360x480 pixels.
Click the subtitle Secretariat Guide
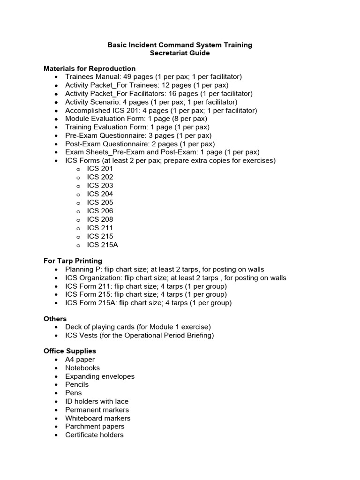(180, 53)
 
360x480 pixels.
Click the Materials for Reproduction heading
(90, 68)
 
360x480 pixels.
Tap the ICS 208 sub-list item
(100, 219)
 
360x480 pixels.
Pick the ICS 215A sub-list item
(102, 245)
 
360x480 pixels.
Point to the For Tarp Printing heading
(73, 261)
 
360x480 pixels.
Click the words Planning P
(82, 270)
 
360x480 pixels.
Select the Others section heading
(55, 319)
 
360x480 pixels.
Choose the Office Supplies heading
(70, 351)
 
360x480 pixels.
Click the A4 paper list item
(80, 360)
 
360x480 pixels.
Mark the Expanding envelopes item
(99, 376)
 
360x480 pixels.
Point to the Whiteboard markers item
(97, 418)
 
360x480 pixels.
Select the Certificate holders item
(94, 435)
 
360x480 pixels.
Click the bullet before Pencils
(56, 385)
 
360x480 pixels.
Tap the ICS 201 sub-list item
(100, 169)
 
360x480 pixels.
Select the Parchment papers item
(95, 427)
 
